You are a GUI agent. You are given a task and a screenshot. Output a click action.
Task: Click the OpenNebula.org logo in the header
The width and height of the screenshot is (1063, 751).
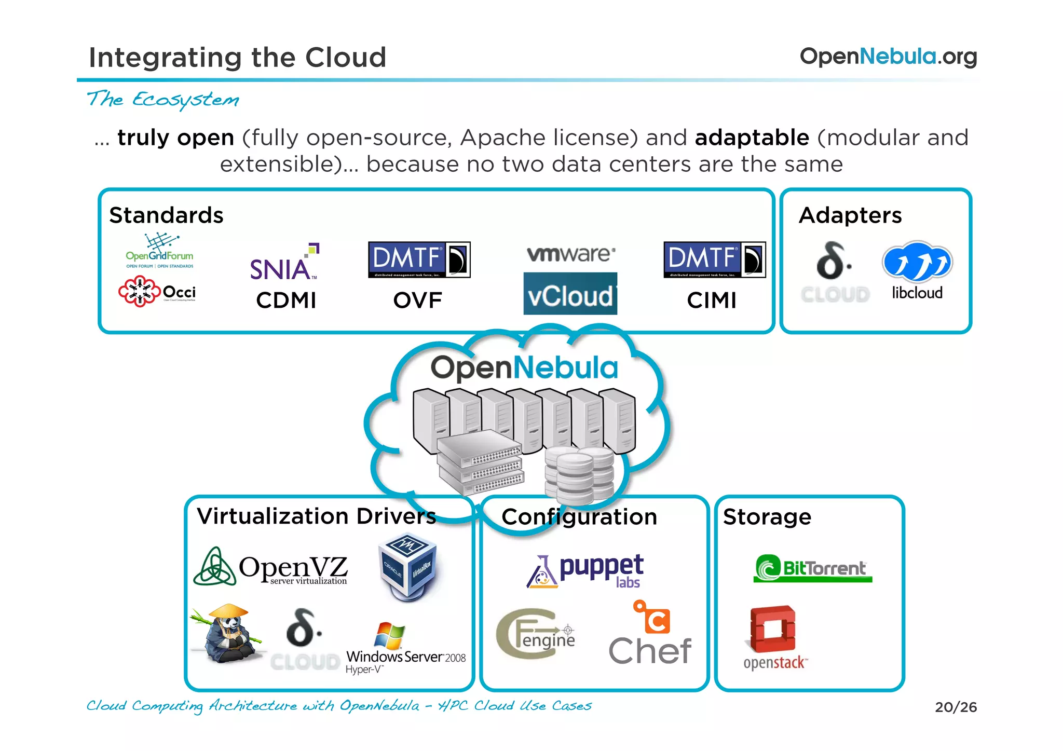click(888, 57)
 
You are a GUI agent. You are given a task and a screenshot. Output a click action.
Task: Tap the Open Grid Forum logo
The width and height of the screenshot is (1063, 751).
click(159, 251)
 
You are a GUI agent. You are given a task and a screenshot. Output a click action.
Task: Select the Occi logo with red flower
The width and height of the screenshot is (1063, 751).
click(157, 292)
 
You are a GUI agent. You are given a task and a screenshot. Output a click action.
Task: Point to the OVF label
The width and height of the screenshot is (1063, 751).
click(418, 300)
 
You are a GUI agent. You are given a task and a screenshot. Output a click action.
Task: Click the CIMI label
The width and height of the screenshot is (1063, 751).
click(712, 300)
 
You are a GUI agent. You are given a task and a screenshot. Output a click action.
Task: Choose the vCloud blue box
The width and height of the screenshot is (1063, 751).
click(570, 294)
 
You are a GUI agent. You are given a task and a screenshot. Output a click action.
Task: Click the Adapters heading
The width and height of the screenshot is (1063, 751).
click(850, 215)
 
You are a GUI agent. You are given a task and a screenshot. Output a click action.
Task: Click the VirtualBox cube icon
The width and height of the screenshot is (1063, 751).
click(408, 567)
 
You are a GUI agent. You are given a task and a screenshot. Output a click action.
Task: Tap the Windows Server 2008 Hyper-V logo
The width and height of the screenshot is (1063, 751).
click(405, 649)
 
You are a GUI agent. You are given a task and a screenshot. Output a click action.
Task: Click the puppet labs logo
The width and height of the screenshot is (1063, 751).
click(586, 571)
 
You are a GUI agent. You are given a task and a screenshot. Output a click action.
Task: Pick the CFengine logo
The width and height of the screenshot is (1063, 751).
click(535, 634)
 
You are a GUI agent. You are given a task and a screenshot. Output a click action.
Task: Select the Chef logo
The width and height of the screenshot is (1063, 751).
click(650, 636)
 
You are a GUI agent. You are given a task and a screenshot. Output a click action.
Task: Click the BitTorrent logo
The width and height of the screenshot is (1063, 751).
click(813, 568)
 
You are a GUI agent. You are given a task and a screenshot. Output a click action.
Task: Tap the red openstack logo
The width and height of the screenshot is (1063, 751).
click(773, 638)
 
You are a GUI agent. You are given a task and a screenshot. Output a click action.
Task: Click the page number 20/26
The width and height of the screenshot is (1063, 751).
click(956, 707)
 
